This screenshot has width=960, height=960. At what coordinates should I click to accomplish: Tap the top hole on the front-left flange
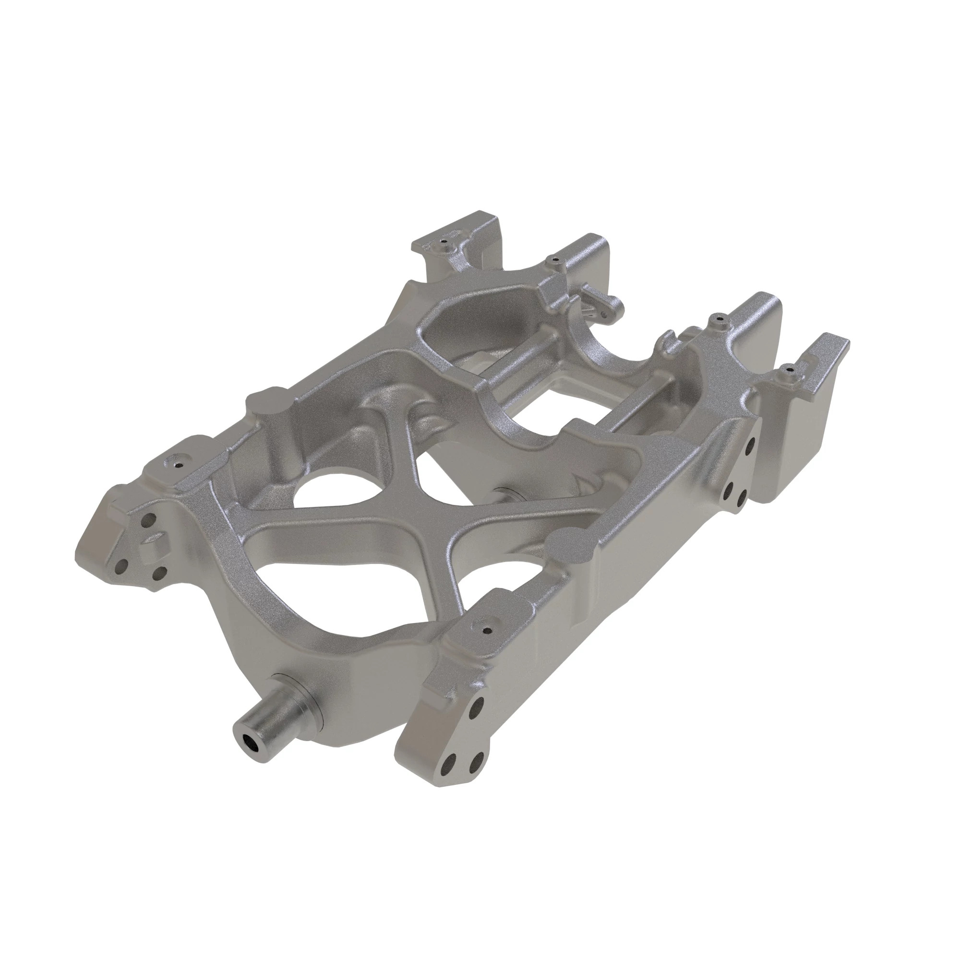coord(147,521)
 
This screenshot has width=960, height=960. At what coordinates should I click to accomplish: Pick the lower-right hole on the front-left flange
coord(159,575)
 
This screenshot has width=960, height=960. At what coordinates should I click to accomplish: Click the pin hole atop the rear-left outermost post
coord(445,243)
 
